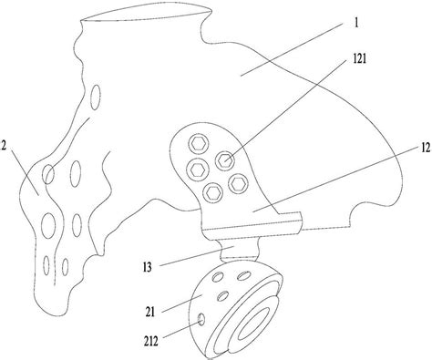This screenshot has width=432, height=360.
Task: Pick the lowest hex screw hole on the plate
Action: (x=212, y=190)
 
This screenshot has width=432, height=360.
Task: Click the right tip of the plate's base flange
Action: (x=300, y=217)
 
